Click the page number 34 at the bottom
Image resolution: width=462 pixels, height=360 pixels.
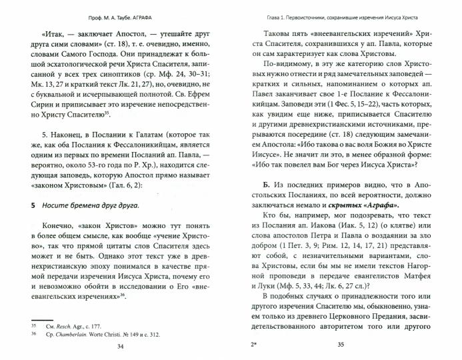click(x=120, y=346)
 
